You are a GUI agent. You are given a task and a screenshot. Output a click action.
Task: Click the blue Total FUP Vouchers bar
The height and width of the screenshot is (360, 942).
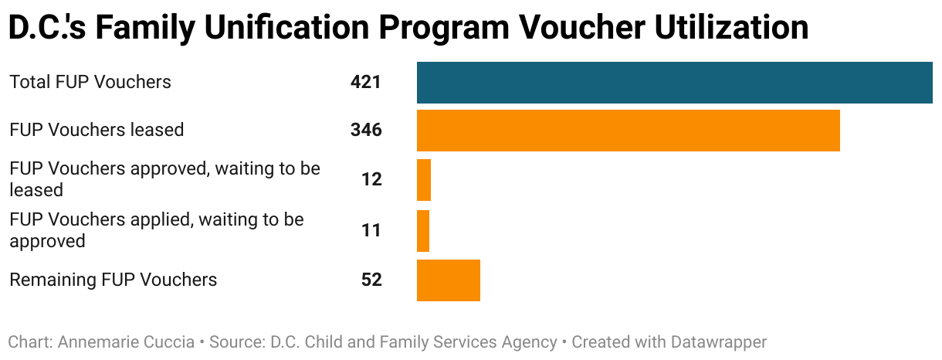point(674,82)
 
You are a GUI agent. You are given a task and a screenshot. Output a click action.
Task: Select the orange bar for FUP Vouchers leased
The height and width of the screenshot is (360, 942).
point(628,130)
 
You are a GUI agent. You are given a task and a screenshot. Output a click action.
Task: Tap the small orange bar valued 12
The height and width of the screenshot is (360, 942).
point(424,179)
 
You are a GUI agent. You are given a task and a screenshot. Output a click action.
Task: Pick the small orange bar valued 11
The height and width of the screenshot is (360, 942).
point(423,230)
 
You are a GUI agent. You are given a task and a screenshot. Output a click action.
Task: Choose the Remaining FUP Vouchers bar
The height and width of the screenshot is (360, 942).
point(449,280)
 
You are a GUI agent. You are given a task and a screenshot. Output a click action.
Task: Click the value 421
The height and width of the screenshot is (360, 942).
point(366,82)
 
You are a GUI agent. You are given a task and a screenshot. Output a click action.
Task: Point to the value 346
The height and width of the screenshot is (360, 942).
point(366,130)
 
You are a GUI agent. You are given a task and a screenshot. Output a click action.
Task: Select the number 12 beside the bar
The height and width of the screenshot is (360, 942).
point(371,179)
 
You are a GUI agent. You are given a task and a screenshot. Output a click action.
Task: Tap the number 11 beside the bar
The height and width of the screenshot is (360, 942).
point(371,230)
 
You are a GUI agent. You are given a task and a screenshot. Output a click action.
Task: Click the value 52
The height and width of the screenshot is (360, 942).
point(371,280)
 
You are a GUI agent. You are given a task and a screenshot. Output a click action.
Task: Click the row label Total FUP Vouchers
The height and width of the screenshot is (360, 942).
point(90,82)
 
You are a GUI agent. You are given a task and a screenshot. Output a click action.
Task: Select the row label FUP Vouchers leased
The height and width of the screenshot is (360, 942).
point(97,130)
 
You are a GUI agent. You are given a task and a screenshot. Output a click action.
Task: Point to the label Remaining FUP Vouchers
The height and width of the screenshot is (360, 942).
point(113,280)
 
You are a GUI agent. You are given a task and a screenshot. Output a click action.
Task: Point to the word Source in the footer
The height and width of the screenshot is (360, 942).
point(237,341)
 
